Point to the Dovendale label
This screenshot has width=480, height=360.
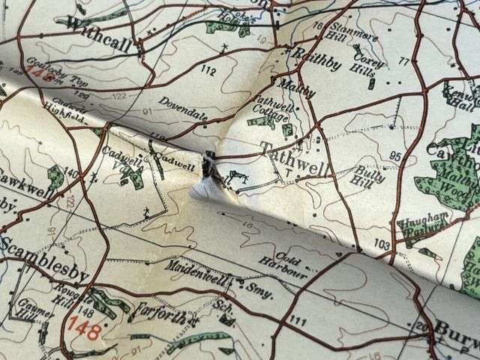pos(181,109)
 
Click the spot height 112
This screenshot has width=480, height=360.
pos(208,71)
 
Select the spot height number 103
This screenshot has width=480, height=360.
pos(381,244)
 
